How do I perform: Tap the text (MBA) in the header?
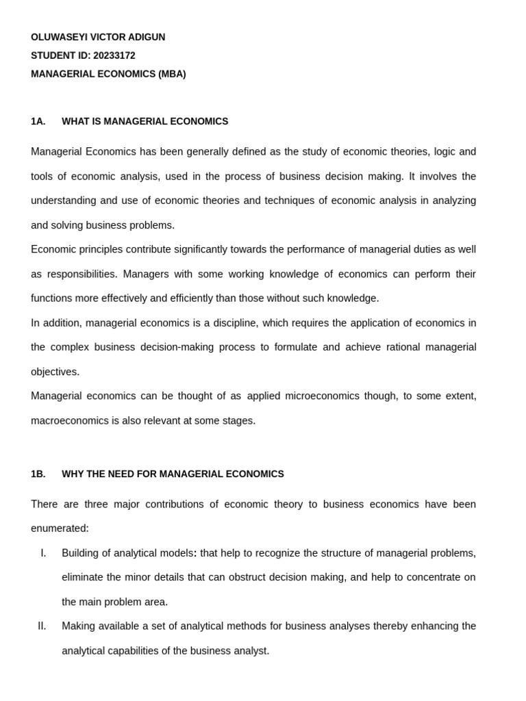[172, 74]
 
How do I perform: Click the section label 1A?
[38, 121]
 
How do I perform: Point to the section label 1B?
[38, 474]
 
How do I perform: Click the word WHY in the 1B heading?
[73, 474]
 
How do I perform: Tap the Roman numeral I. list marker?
[44, 553]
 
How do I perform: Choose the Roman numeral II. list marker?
[42, 626]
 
